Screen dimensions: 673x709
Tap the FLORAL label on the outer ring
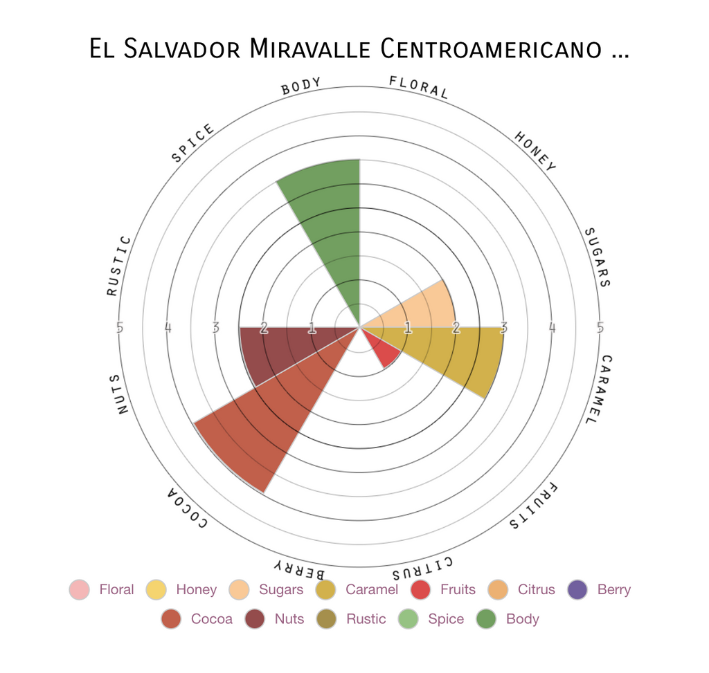[x=419, y=87]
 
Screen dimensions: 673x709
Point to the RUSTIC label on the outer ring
[x=118, y=266]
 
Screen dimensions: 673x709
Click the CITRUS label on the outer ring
[x=422, y=567]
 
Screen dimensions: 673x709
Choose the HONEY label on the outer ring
[x=535, y=151]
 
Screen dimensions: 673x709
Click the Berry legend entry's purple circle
[x=577, y=590]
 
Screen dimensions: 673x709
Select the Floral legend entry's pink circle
[x=80, y=590]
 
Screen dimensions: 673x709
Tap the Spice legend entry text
[x=446, y=619]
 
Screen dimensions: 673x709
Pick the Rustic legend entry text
[x=366, y=619]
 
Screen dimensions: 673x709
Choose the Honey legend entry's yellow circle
[x=156, y=590]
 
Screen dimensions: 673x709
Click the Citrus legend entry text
[x=536, y=590]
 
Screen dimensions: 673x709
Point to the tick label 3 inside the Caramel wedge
[x=503, y=328]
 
